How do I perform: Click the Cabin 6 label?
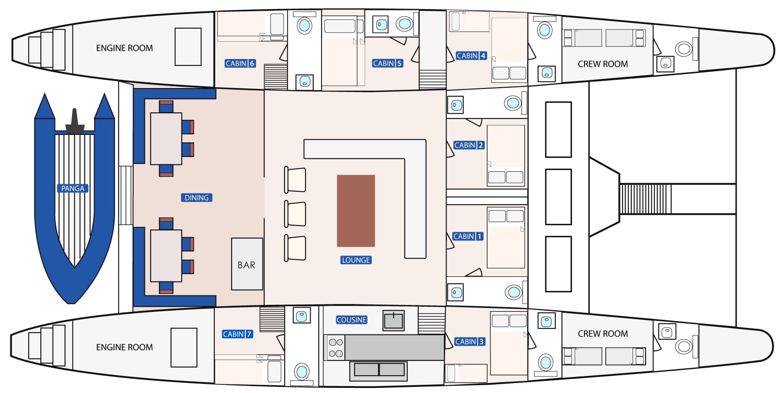coord(240,63)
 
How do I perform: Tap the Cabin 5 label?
coord(387,63)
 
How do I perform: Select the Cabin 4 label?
coord(471,56)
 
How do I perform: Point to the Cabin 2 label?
coord(469,145)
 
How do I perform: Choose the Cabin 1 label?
coord(468,236)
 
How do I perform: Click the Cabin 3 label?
coord(469,342)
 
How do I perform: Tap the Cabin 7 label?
coord(237,334)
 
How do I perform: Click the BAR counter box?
coord(247,264)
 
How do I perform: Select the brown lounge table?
coord(356,211)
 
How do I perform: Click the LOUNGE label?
coord(356,260)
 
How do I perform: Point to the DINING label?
coord(197,198)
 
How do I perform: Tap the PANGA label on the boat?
coord(73,188)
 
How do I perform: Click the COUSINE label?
coord(351,320)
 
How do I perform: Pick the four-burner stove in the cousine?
coord(335,347)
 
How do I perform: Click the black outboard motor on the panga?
coord(75,122)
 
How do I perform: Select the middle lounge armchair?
coord(295,214)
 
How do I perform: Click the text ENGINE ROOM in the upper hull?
coord(125,48)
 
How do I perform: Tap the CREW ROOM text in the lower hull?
coord(603,334)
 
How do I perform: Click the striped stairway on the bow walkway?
coord(645,199)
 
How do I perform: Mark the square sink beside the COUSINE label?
coord(394,321)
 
